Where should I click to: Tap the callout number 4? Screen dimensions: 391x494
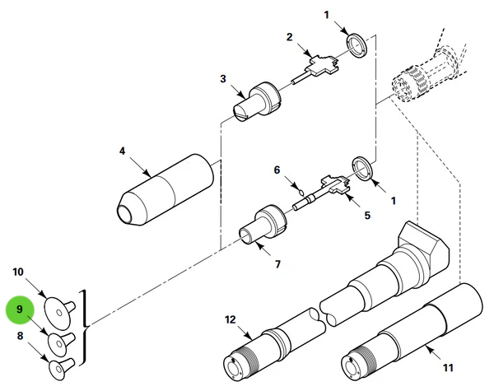(x=122, y=151)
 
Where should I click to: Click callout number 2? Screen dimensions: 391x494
(x=289, y=37)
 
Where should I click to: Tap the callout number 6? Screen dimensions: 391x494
(x=277, y=170)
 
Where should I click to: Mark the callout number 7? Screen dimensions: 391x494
(x=277, y=265)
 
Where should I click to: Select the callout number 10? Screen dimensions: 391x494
(x=19, y=271)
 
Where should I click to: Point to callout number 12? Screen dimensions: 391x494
(x=230, y=319)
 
